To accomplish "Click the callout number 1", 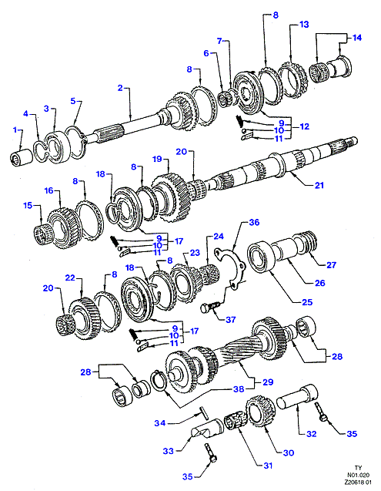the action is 15,129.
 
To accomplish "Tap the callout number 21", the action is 319,185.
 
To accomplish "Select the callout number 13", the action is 304,25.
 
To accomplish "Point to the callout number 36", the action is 254,222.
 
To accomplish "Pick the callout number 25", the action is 307,302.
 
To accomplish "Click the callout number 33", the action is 168,451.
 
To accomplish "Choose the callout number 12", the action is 304,126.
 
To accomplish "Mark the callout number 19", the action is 157,159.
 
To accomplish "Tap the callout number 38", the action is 239,389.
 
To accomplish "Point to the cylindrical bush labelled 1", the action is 22,157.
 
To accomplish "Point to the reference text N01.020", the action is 358,475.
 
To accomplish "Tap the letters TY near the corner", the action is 359,468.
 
